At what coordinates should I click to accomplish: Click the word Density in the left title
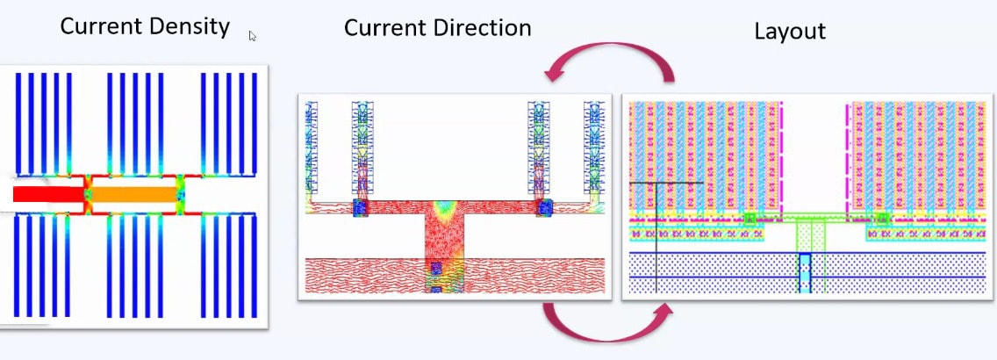pos(189,26)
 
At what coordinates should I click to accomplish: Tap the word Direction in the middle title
pos(477,29)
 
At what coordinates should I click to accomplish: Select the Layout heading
pos(790,32)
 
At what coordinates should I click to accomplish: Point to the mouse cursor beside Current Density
pos(253,36)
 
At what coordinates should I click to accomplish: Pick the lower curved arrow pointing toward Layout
pos(607,333)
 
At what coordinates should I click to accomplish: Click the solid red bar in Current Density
pos(48,194)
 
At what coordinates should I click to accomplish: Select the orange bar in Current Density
pos(134,194)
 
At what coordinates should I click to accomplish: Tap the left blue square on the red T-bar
pos(361,207)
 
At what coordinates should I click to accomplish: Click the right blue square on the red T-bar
pos(545,207)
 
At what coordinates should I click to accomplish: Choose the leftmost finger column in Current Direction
pos(311,148)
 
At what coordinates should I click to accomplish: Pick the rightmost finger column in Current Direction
pos(594,148)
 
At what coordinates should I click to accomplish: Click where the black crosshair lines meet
pos(656,184)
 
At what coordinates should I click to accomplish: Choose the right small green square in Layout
pos(883,219)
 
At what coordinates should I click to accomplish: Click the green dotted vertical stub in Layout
pos(811,236)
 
